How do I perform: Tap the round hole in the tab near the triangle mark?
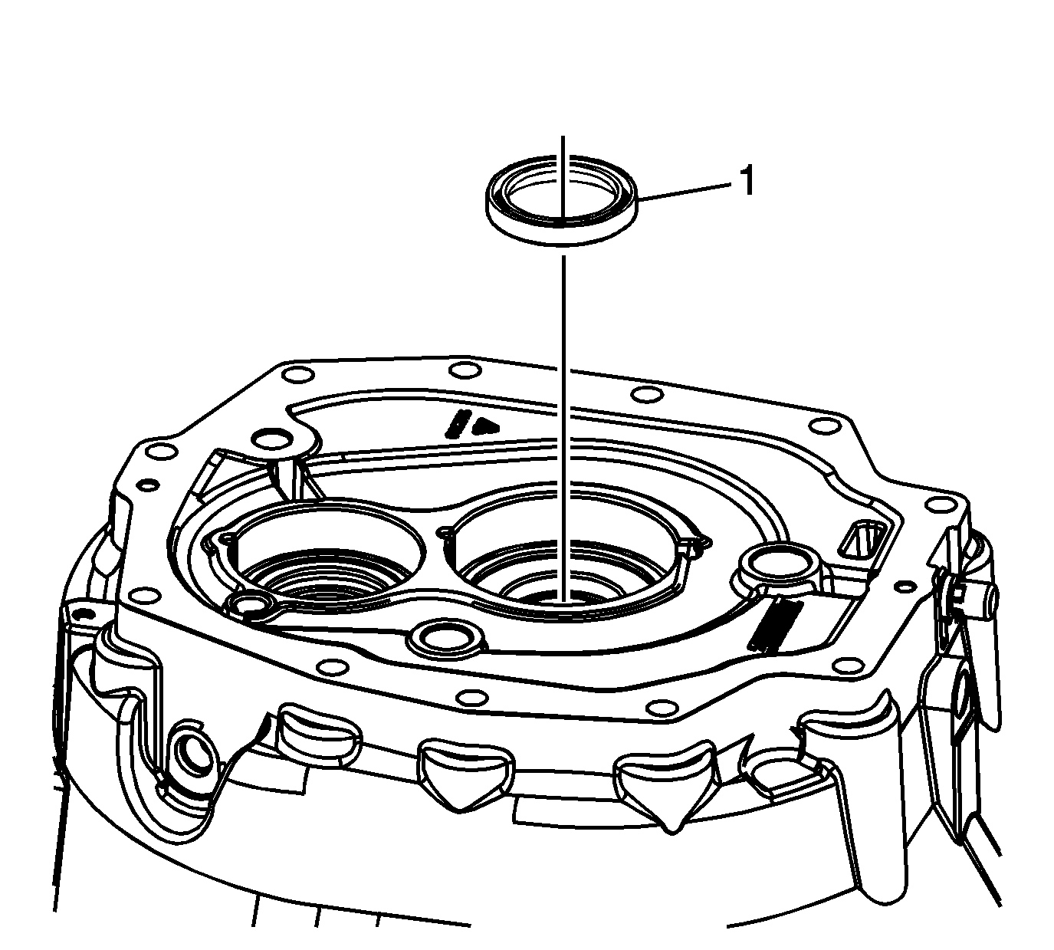click(273, 439)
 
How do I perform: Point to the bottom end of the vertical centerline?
click(563, 602)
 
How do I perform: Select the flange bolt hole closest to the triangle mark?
click(465, 370)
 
